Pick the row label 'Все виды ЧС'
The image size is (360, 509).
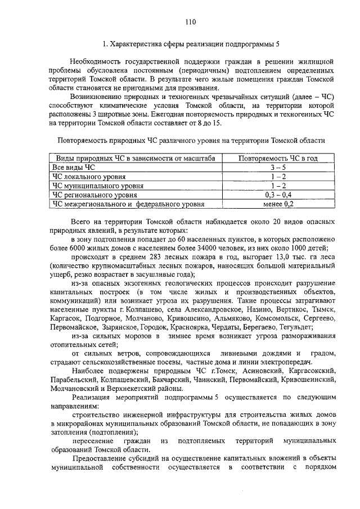(74, 168)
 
